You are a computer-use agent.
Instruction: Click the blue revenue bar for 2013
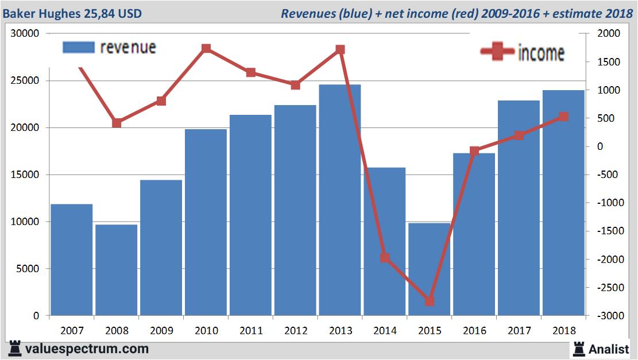340,201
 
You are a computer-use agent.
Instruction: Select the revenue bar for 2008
117,270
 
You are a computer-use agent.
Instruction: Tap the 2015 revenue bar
430,270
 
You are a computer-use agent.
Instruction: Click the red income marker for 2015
430,301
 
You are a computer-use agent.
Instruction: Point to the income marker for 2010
206,49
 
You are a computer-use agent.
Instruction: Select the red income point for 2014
385,258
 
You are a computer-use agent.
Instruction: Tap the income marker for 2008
117,123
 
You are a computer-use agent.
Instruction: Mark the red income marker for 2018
563,117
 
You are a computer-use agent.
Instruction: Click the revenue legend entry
109,47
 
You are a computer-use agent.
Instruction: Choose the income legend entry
523,53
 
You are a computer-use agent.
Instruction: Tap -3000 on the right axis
609,316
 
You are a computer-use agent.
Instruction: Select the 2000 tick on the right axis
609,33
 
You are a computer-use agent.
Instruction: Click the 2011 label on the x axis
251,331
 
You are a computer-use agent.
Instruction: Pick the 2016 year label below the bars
474,331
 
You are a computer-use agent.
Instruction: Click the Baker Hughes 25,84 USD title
72,13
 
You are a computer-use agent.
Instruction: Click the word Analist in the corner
609,349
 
